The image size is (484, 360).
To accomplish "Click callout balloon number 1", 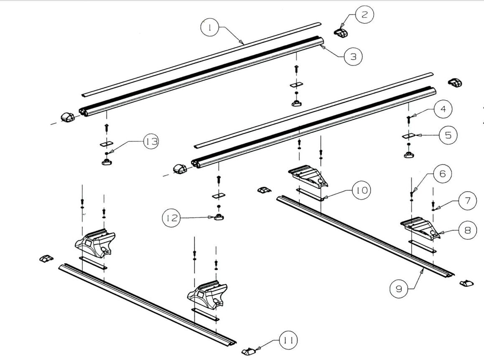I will [x=211, y=28].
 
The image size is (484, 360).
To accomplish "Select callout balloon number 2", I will [x=364, y=15].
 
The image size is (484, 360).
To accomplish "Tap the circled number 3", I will [x=353, y=56].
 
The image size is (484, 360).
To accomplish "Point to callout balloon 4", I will [x=442, y=110].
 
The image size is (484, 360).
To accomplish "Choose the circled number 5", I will [x=448, y=135].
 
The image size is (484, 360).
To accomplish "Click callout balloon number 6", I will [x=442, y=174].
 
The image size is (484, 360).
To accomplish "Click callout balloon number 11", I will [x=287, y=341].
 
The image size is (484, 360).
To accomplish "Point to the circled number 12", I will [x=172, y=218].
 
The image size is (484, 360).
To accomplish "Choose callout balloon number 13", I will [x=151, y=142].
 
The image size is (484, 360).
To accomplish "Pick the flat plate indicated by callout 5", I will [x=408, y=135].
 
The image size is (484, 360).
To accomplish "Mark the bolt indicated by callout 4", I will [x=408, y=119].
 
